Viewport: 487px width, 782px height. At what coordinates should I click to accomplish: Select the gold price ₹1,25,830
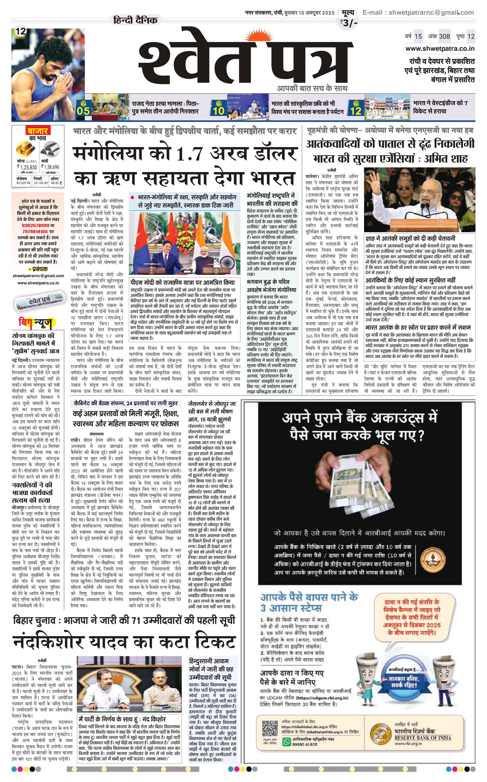point(27,167)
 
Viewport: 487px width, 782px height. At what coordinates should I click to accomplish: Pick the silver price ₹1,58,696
point(50,167)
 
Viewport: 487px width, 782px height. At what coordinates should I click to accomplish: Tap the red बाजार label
point(37,131)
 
